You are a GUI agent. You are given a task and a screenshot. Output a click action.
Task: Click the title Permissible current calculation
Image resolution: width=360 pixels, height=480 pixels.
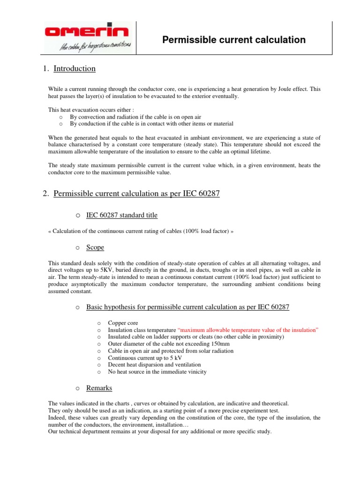233,40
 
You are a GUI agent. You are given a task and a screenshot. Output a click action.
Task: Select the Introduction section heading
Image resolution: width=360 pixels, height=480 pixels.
75,68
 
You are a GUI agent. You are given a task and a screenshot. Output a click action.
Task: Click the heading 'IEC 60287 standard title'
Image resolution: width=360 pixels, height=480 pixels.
122,215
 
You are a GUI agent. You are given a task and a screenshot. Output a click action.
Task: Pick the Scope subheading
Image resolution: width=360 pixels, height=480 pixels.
95,247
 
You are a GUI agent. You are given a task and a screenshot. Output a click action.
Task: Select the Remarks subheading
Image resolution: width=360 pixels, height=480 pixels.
99,388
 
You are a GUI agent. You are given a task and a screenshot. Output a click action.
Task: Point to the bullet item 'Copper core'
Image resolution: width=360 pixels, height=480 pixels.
123,323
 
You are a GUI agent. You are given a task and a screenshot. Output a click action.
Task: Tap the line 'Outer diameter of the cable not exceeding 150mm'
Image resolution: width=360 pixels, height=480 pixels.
167,344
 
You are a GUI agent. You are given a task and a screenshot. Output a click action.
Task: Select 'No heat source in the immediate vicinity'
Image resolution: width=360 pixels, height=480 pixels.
157,372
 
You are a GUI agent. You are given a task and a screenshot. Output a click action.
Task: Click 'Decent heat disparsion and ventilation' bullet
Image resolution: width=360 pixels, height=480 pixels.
154,365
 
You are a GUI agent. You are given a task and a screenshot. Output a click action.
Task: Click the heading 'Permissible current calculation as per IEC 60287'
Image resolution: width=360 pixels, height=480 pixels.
136,194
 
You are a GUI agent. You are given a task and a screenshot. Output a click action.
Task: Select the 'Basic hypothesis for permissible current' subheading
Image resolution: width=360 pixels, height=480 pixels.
187,307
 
